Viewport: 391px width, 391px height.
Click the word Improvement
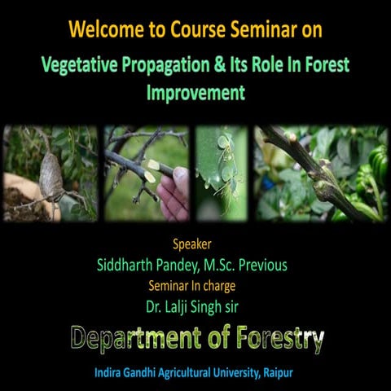click(x=195, y=92)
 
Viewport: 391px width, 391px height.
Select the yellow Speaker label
click(x=195, y=244)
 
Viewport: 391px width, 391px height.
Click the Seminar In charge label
click(x=195, y=285)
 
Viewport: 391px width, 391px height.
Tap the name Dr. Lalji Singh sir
click(x=195, y=306)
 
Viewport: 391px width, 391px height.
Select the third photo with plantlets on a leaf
click(x=221, y=174)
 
